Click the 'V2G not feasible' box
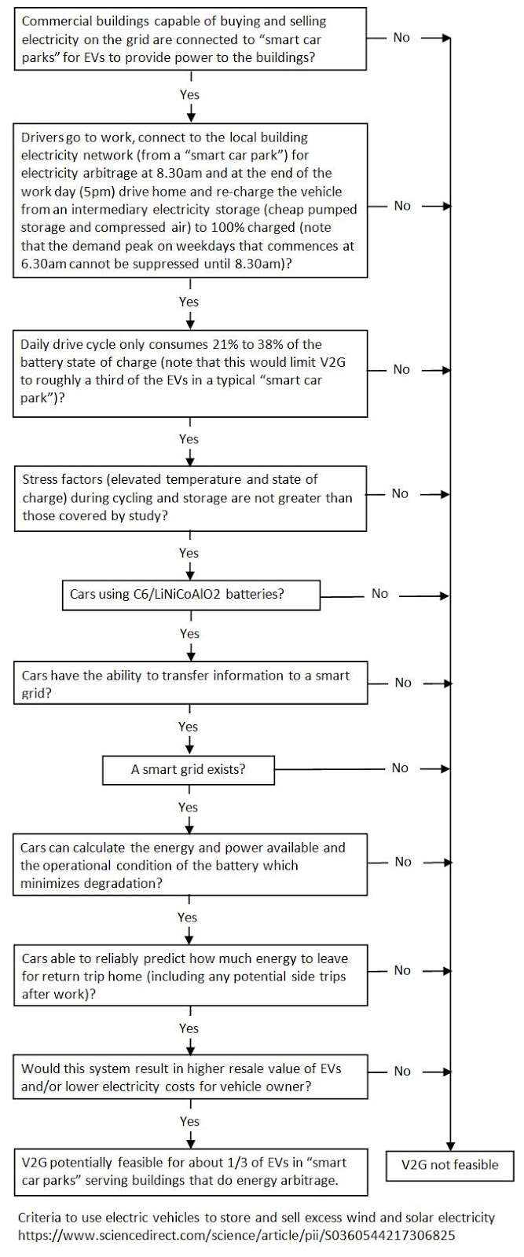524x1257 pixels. (x=450, y=1165)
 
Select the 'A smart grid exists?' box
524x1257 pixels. (x=189, y=769)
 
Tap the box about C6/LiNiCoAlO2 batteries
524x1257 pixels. (x=191, y=594)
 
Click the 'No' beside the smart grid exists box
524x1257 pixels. (x=400, y=768)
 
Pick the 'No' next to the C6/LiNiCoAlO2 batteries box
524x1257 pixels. (x=379, y=593)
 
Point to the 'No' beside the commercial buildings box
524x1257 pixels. (x=401, y=37)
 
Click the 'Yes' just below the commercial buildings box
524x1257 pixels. (x=189, y=94)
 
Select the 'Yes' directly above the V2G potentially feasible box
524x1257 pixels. (x=189, y=1121)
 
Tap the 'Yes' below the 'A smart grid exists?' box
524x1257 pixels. (x=188, y=807)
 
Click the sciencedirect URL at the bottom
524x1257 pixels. (x=236, y=1235)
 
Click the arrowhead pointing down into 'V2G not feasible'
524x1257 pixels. (x=450, y=1146)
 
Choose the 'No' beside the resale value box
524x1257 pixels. (x=402, y=1072)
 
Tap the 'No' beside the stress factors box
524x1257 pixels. (x=400, y=493)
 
